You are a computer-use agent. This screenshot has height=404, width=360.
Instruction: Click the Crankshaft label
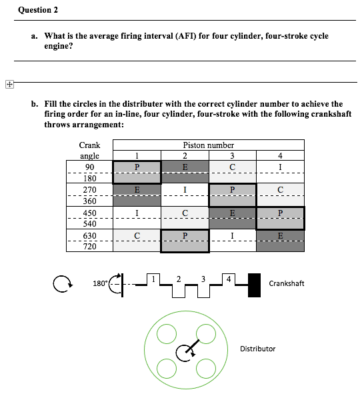[286, 283]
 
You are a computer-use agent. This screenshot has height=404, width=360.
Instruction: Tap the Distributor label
[257, 349]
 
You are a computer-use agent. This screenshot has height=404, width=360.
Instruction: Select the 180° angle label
[100, 284]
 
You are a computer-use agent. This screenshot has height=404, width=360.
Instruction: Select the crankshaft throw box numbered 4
[229, 277]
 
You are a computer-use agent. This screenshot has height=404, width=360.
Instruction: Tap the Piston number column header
[208, 145]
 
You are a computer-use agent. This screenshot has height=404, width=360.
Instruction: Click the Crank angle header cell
[89, 150]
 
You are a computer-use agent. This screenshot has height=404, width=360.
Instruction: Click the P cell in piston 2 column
[185, 241]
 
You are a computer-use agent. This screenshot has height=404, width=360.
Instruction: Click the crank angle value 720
[89, 247]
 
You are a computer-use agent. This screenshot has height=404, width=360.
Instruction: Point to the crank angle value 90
[89, 167]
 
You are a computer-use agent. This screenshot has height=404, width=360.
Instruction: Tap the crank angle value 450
[89, 213]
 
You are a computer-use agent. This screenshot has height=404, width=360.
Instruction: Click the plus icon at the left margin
[9, 85]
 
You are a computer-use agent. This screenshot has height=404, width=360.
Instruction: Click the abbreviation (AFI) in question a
[168, 35]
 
